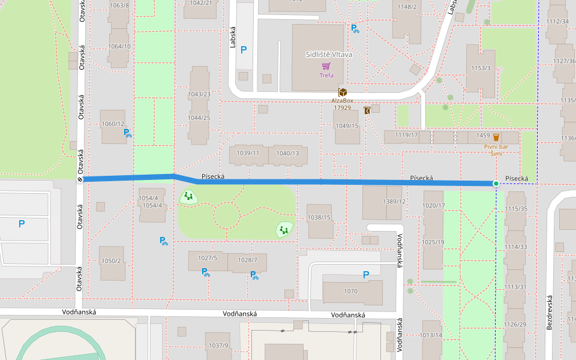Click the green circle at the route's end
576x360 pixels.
pos(496,183)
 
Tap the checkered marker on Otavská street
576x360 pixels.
pos(80,179)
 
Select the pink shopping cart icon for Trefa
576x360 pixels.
pos(326,67)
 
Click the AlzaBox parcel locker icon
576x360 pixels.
pos(342,92)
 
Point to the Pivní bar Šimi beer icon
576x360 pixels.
pos(496,137)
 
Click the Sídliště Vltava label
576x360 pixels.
pos(329,54)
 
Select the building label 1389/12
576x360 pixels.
pos(394,202)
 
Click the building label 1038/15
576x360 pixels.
pos(319,217)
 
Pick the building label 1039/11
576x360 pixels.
pos(248,153)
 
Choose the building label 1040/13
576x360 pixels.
pos(287,153)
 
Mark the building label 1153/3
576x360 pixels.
pos(481,68)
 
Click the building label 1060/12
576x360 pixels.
pos(113,124)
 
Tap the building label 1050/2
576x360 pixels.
pos(111,260)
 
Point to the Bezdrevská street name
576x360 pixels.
pos(549,311)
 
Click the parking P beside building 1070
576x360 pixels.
pos(366,275)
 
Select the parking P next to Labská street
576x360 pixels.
pos(244,50)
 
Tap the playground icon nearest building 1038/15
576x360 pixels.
pos(284,229)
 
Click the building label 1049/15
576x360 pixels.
pos(347,125)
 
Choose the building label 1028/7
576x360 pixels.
pos(247,259)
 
